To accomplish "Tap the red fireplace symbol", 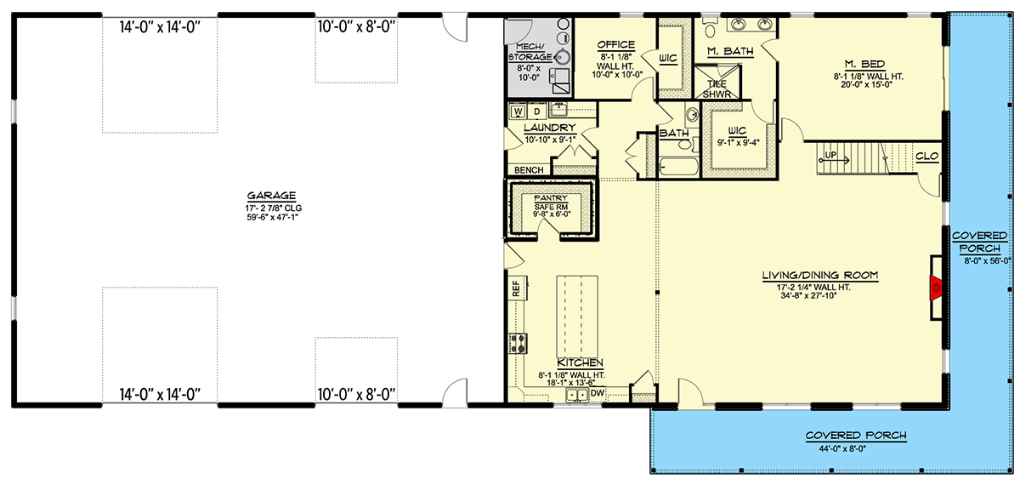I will pyautogui.click(x=936, y=289).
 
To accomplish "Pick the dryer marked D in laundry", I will pyautogui.click(x=537, y=111).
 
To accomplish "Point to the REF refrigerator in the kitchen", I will pyautogui.click(x=517, y=289).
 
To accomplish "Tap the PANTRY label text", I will pyautogui.click(x=550, y=198).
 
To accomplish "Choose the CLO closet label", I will pyautogui.click(x=926, y=157).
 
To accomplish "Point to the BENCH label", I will pyautogui.click(x=529, y=170).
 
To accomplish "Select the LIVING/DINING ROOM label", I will pyautogui.click(x=820, y=275).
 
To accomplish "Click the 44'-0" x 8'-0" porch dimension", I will pyautogui.click(x=856, y=448).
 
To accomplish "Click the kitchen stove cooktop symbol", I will pyautogui.click(x=517, y=343).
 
